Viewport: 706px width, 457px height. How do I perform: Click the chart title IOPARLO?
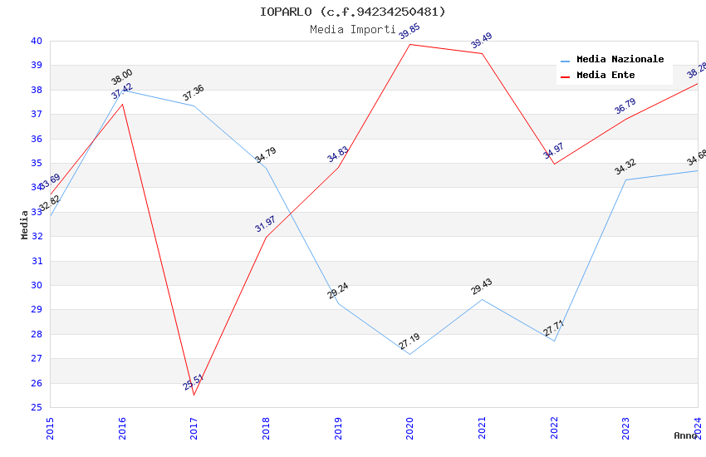tap(352, 12)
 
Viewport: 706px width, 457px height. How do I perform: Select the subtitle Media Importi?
tap(352, 29)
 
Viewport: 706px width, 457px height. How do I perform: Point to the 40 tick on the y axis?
tap(37, 41)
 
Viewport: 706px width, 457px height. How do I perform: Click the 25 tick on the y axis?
tap(37, 407)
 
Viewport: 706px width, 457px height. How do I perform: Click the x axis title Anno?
tap(685, 435)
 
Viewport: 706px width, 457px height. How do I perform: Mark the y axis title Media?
tap(25, 224)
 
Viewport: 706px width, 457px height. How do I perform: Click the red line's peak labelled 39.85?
tap(409, 44)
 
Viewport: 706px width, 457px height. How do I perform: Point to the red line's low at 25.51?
tap(194, 395)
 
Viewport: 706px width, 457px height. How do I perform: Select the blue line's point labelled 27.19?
tap(409, 355)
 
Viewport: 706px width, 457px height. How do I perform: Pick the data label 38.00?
tap(122, 77)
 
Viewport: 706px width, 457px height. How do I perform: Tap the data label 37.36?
tap(194, 93)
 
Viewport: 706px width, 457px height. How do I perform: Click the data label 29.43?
tap(482, 287)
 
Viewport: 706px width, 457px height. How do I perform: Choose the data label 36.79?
tap(625, 106)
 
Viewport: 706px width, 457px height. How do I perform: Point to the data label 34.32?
tap(625, 167)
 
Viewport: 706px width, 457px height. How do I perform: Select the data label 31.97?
tap(266, 224)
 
